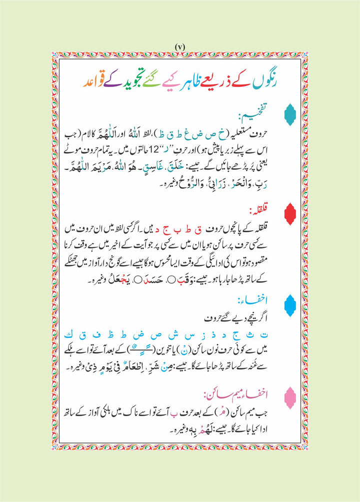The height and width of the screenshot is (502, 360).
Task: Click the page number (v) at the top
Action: (180, 47)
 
